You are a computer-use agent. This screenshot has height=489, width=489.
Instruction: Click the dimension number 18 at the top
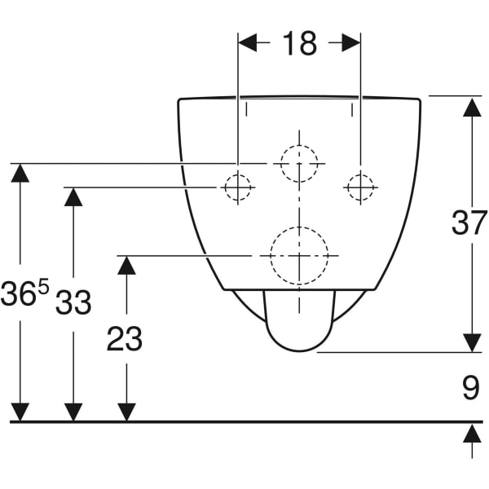299,43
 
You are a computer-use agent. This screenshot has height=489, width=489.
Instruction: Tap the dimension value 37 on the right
469,222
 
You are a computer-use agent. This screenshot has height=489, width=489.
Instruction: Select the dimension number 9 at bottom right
471,389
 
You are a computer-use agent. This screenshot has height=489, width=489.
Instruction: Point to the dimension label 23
125,339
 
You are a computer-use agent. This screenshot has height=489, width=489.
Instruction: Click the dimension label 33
73,303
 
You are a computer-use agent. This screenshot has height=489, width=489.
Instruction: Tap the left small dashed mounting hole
236,187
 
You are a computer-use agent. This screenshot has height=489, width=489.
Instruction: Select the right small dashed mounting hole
359,187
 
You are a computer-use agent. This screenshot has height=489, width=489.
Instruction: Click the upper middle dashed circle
299,163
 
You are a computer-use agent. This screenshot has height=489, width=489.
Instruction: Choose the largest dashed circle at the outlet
299,255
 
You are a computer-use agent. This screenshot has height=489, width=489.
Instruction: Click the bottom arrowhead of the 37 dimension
472,342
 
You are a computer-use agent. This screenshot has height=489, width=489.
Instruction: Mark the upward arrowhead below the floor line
472,434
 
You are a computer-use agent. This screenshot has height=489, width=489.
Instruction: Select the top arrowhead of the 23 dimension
126,265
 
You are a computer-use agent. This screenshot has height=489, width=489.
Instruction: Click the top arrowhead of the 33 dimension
73,197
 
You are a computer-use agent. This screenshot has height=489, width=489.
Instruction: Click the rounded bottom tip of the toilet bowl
299,350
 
